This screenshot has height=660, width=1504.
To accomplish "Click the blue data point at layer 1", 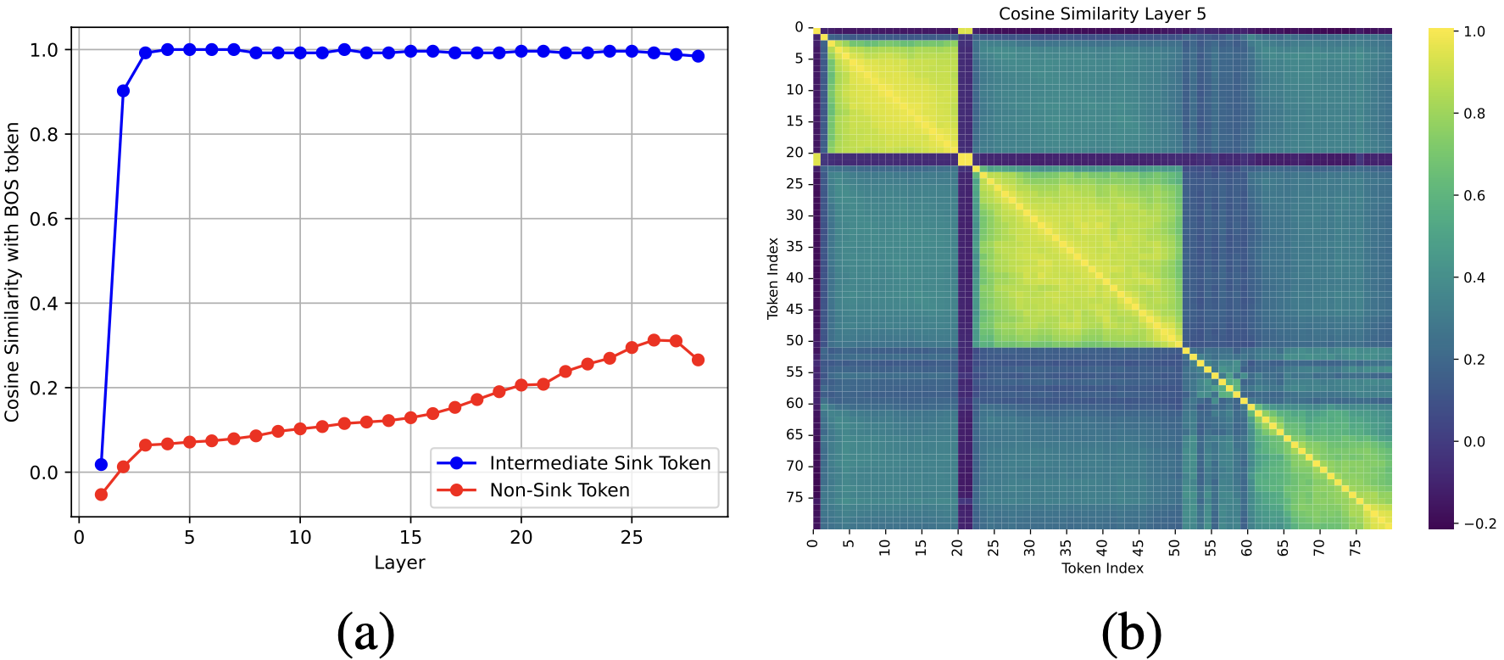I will [x=102, y=464].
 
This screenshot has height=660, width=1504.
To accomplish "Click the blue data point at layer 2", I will [x=123, y=91].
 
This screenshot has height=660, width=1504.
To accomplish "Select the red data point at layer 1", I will [x=102, y=494].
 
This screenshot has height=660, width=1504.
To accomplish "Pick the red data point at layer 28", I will [x=698, y=360].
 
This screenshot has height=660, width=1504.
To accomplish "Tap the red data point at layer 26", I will [x=654, y=340].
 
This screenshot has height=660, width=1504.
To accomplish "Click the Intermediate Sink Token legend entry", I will [x=599, y=463].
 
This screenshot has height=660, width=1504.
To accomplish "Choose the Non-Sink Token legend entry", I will [x=560, y=490].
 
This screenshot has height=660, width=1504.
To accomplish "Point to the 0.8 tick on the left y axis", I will [x=44, y=134].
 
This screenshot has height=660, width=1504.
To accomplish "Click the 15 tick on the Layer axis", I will [x=410, y=537].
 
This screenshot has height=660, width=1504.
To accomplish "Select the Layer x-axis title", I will [x=399, y=562].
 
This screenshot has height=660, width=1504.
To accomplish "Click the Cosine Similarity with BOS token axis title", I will [x=13, y=271].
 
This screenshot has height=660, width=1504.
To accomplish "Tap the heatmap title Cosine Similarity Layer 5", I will [x=1102, y=14].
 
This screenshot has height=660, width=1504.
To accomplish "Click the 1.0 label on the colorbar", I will [x=1474, y=31].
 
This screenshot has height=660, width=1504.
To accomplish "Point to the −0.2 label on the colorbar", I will [x=1479, y=523].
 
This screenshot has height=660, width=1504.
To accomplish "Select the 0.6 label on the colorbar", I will [x=1474, y=195].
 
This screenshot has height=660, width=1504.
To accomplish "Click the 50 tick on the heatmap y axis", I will [x=794, y=340].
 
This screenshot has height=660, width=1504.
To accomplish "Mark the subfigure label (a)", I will [x=365, y=633].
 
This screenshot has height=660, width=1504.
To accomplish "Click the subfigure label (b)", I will [x=1131, y=633].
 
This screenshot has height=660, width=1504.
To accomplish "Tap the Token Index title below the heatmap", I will [x=1102, y=568].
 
